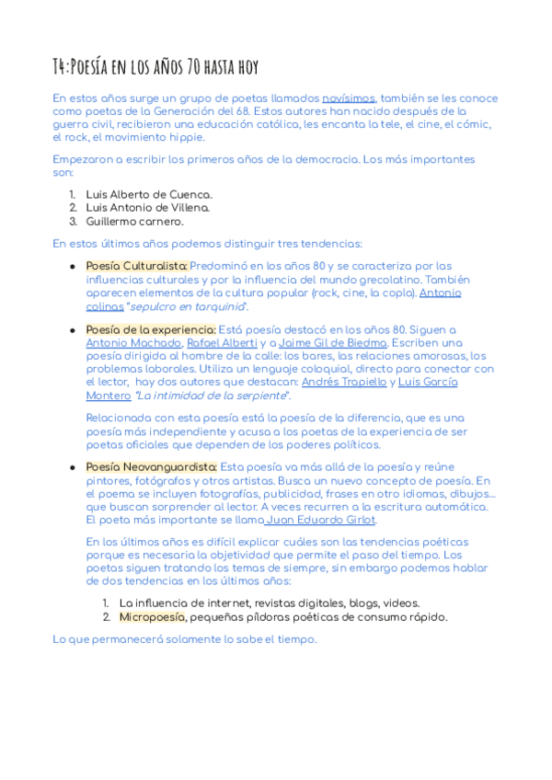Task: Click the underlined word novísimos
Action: point(348,98)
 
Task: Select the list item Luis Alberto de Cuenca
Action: point(149,195)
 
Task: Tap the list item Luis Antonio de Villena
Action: point(148,208)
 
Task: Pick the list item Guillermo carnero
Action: point(134,221)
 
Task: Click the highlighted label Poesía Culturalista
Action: point(137,267)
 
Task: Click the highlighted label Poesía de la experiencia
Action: point(151,330)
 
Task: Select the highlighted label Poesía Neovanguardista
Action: point(152,467)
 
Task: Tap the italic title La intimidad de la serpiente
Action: point(212,396)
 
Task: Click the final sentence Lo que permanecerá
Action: point(184,638)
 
